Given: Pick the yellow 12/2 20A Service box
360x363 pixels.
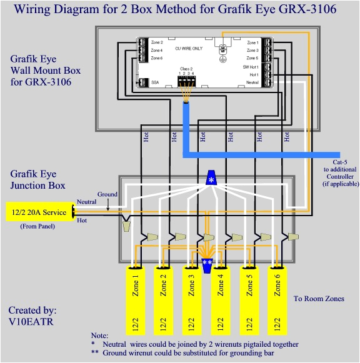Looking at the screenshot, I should [x=39, y=212].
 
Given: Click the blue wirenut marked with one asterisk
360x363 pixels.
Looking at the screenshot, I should [x=211, y=179].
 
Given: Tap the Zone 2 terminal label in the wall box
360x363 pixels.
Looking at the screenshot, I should [x=157, y=42].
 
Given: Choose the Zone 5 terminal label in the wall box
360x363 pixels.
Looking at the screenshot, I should [x=252, y=58].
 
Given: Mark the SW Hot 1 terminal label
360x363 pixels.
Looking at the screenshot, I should [x=251, y=66].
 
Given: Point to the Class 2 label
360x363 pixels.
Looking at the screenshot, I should [x=187, y=67].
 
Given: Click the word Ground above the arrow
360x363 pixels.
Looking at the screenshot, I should [x=107, y=194].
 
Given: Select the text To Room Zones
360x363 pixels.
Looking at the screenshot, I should [x=319, y=299].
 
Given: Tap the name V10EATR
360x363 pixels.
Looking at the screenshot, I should [x=31, y=321].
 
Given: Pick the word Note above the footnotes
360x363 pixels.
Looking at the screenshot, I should [x=99, y=336].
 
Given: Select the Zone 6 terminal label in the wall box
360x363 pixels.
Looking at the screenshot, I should [x=157, y=58].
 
